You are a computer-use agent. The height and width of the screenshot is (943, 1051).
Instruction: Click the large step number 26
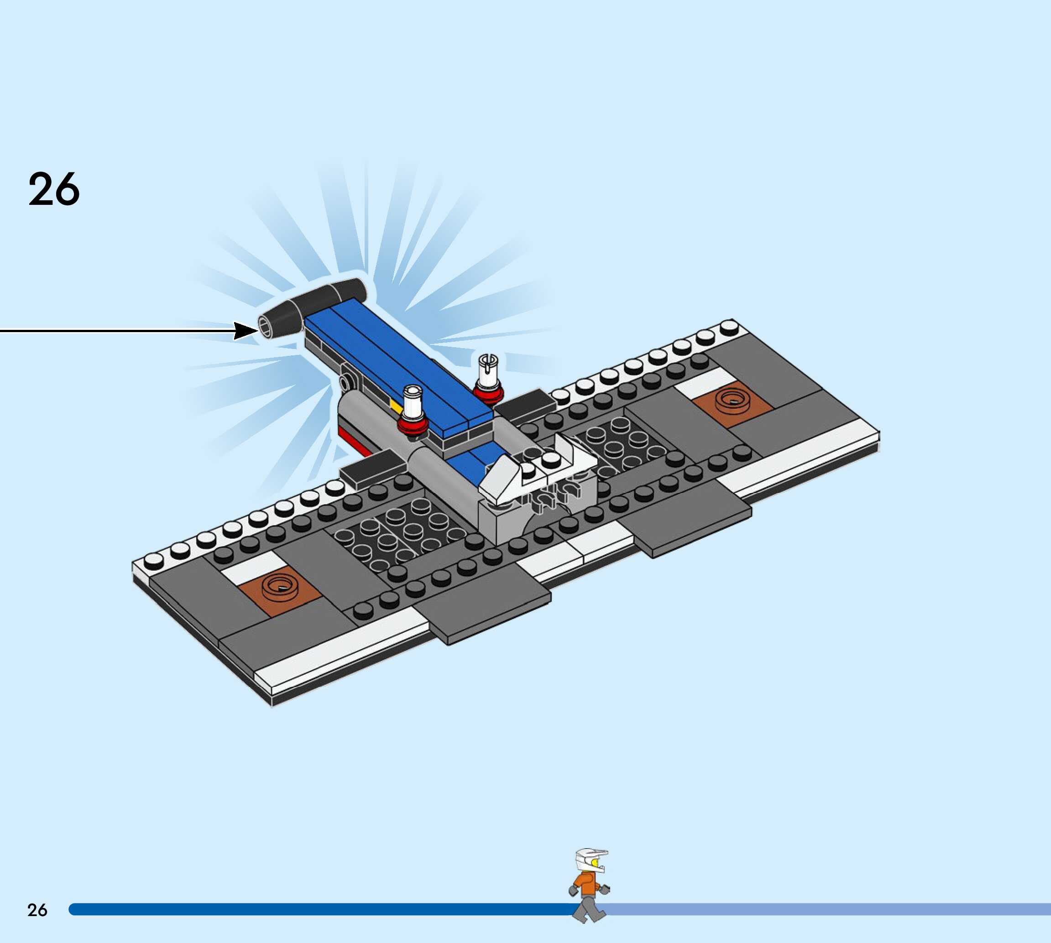click(x=54, y=190)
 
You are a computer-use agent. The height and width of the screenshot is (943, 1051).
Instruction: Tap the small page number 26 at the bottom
click(x=37, y=910)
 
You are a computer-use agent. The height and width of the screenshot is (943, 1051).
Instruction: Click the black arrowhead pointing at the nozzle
click(x=245, y=330)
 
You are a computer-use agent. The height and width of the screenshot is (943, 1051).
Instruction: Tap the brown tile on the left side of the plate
click(x=280, y=589)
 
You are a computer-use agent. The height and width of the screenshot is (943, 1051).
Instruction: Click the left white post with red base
click(x=413, y=410)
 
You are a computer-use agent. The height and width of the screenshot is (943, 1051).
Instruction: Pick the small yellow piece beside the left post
click(x=397, y=407)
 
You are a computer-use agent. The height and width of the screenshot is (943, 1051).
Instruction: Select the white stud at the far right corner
click(x=729, y=327)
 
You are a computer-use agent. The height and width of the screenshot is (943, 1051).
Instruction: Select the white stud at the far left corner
click(x=153, y=560)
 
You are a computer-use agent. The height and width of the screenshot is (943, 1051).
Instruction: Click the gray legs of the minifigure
click(x=588, y=910)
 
